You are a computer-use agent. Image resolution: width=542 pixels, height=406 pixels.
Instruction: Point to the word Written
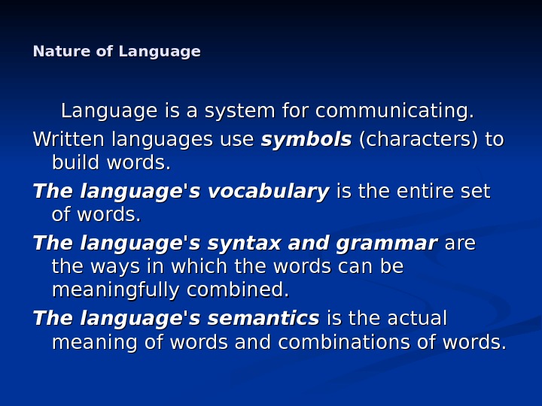(69, 141)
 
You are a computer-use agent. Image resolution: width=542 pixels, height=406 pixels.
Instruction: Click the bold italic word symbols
(306, 141)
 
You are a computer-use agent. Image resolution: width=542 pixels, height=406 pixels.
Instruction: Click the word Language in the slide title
(160, 52)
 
